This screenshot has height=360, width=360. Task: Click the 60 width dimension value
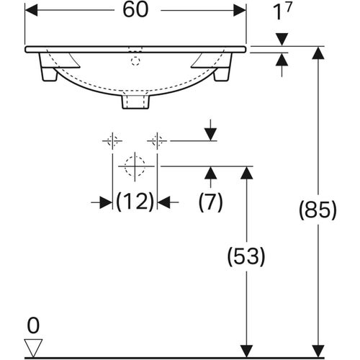click(135, 10)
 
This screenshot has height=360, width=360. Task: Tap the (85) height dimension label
click(318, 210)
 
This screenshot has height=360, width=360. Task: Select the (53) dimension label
click(246, 256)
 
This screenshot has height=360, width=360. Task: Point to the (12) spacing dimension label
click(135, 202)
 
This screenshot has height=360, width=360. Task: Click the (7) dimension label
click(211, 202)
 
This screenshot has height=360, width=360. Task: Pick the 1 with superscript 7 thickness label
click(282, 12)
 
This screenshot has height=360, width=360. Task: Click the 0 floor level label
click(33, 325)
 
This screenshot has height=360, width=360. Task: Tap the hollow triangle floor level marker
click(34, 348)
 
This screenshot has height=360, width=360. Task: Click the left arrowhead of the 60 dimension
click(31, 10)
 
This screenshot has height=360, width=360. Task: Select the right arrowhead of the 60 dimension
click(240, 10)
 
